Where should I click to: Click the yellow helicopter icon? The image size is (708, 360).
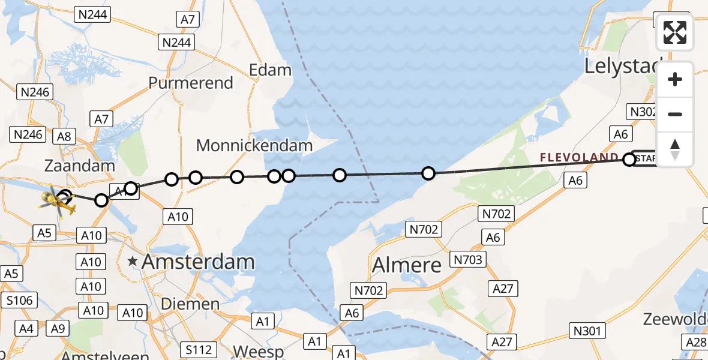(x=58, y=202)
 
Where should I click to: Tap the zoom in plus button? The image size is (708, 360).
(x=675, y=79)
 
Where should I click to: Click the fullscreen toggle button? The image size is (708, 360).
(x=675, y=32)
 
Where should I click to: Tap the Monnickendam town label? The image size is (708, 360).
(x=254, y=145)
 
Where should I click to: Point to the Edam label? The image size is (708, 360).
(x=271, y=70)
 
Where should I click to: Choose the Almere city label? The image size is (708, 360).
(x=407, y=265)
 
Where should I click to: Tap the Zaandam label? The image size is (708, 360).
(x=79, y=166)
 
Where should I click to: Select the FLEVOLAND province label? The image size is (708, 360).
(x=579, y=158)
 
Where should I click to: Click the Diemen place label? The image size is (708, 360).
(x=190, y=304)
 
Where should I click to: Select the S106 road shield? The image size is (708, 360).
(x=20, y=299)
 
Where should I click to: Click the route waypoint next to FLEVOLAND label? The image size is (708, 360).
(x=629, y=160)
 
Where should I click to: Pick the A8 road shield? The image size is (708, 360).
(x=64, y=136)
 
